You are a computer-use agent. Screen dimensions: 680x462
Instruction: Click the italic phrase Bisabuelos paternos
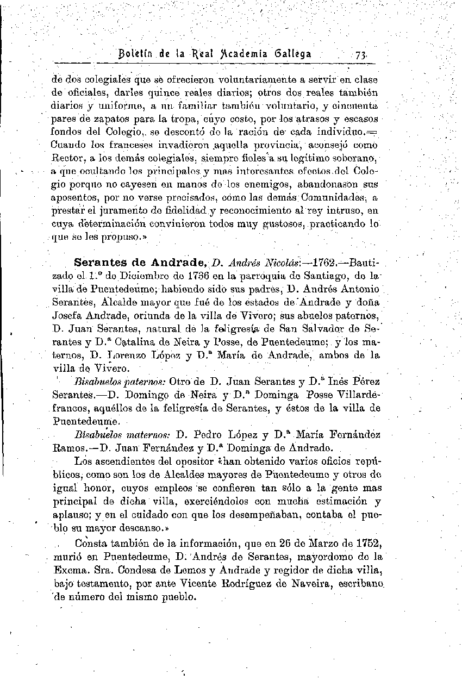click(x=108, y=382)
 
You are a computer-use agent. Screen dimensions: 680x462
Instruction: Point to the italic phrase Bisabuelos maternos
click(x=108, y=435)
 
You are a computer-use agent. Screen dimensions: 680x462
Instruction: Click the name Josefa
click(x=68, y=316)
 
